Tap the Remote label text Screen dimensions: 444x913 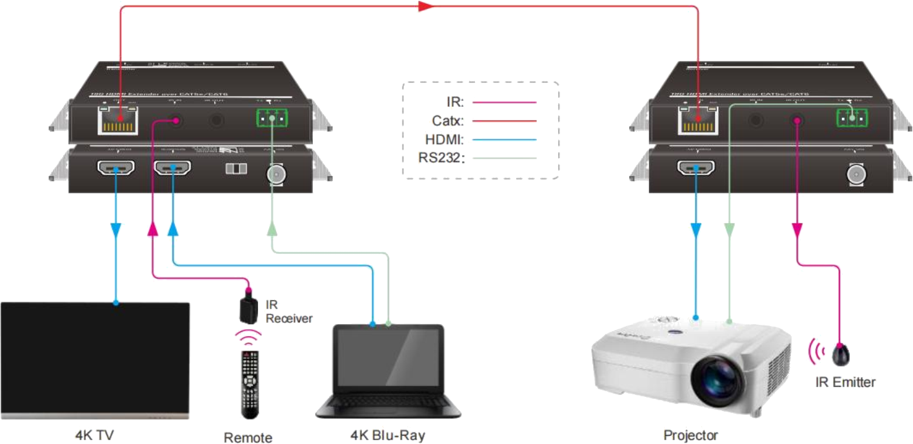[x=248, y=438]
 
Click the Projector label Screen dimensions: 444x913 [x=690, y=434]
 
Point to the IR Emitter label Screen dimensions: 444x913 [x=845, y=382]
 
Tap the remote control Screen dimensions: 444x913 [x=250, y=384]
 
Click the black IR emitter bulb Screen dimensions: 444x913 [x=841, y=354]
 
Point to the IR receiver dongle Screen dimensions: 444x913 [x=248, y=308]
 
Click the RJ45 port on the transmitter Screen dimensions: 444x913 [x=116, y=121]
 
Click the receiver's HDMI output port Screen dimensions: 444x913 [x=695, y=170]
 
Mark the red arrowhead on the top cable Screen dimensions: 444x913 [x=423, y=6]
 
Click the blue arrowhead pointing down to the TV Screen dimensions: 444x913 [x=116, y=229]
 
